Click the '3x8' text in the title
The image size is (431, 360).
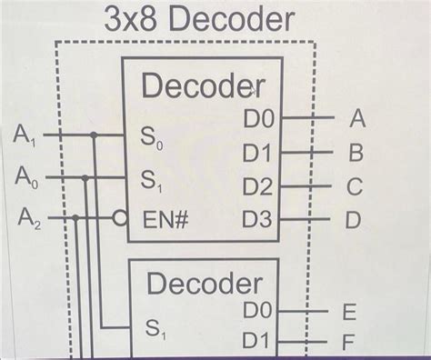pyautogui.click(x=133, y=20)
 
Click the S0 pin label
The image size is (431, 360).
pyautogui.click(x=150, y=139)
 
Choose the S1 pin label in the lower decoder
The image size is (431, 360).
pyautogui.click(x=155, y=329)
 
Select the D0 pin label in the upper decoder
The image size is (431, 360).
pyautogui.click(x=258, y=118)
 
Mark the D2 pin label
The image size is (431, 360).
pyautogui.click(x=258, y=187)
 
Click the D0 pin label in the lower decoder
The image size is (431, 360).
pyautogui.click(x=258, y=312)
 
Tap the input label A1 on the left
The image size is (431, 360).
pyautogui.click(x=26, y=136)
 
